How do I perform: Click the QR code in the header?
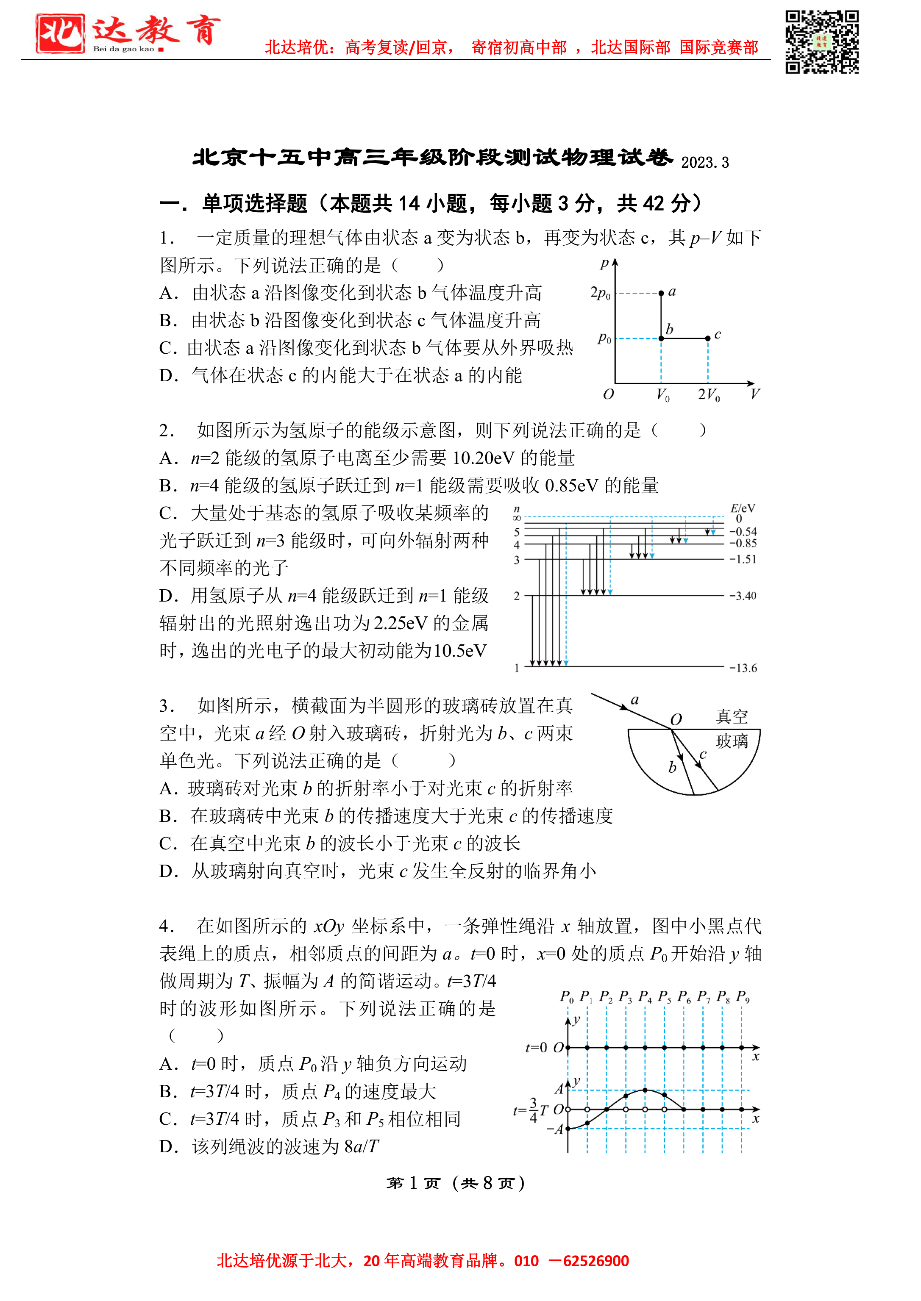tap(821, 42)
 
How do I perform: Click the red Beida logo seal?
tap(60, 33)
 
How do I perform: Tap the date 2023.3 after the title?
tap(704, 163)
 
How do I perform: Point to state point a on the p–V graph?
tap(661, 293)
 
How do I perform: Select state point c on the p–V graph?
tap(707, 338)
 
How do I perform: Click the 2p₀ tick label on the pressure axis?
tap(600, 293)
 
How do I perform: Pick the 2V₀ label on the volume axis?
tap(708, 394)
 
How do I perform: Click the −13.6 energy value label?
tap(743, 669)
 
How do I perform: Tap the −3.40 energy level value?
tap(743, 596)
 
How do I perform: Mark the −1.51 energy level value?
tap(743, 560)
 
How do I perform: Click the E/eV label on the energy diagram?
tap(743, 508)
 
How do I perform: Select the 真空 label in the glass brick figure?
tap(732, 717)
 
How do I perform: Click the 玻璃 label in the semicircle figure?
tap(732, 741)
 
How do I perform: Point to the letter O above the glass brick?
tap(676, 720)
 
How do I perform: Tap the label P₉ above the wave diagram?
tap(743, 996)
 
